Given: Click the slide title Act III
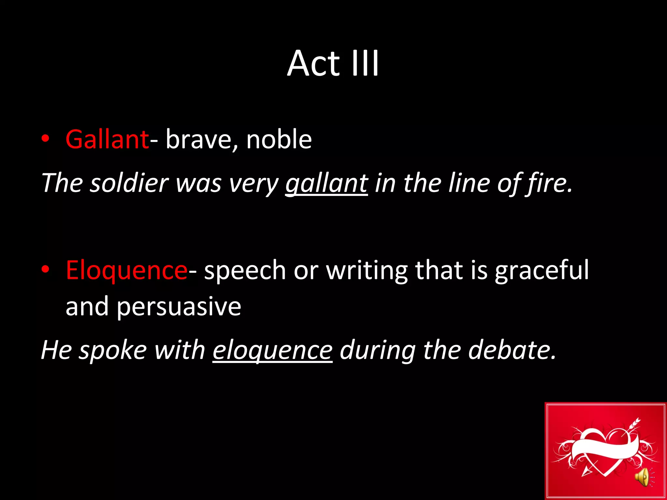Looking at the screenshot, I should point(333,63).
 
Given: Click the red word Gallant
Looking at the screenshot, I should point(107,139).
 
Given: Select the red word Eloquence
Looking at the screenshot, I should point(126,270).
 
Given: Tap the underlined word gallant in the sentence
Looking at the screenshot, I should point(326,183).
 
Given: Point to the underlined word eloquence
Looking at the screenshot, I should point(273,350).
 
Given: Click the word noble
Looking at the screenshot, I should point(279,139).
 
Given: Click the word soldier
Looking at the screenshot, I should point(129,183).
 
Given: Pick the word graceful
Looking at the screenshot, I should point(542,270).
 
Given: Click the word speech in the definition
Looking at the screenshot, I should point(245,270).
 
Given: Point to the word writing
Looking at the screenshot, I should point(367,270).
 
